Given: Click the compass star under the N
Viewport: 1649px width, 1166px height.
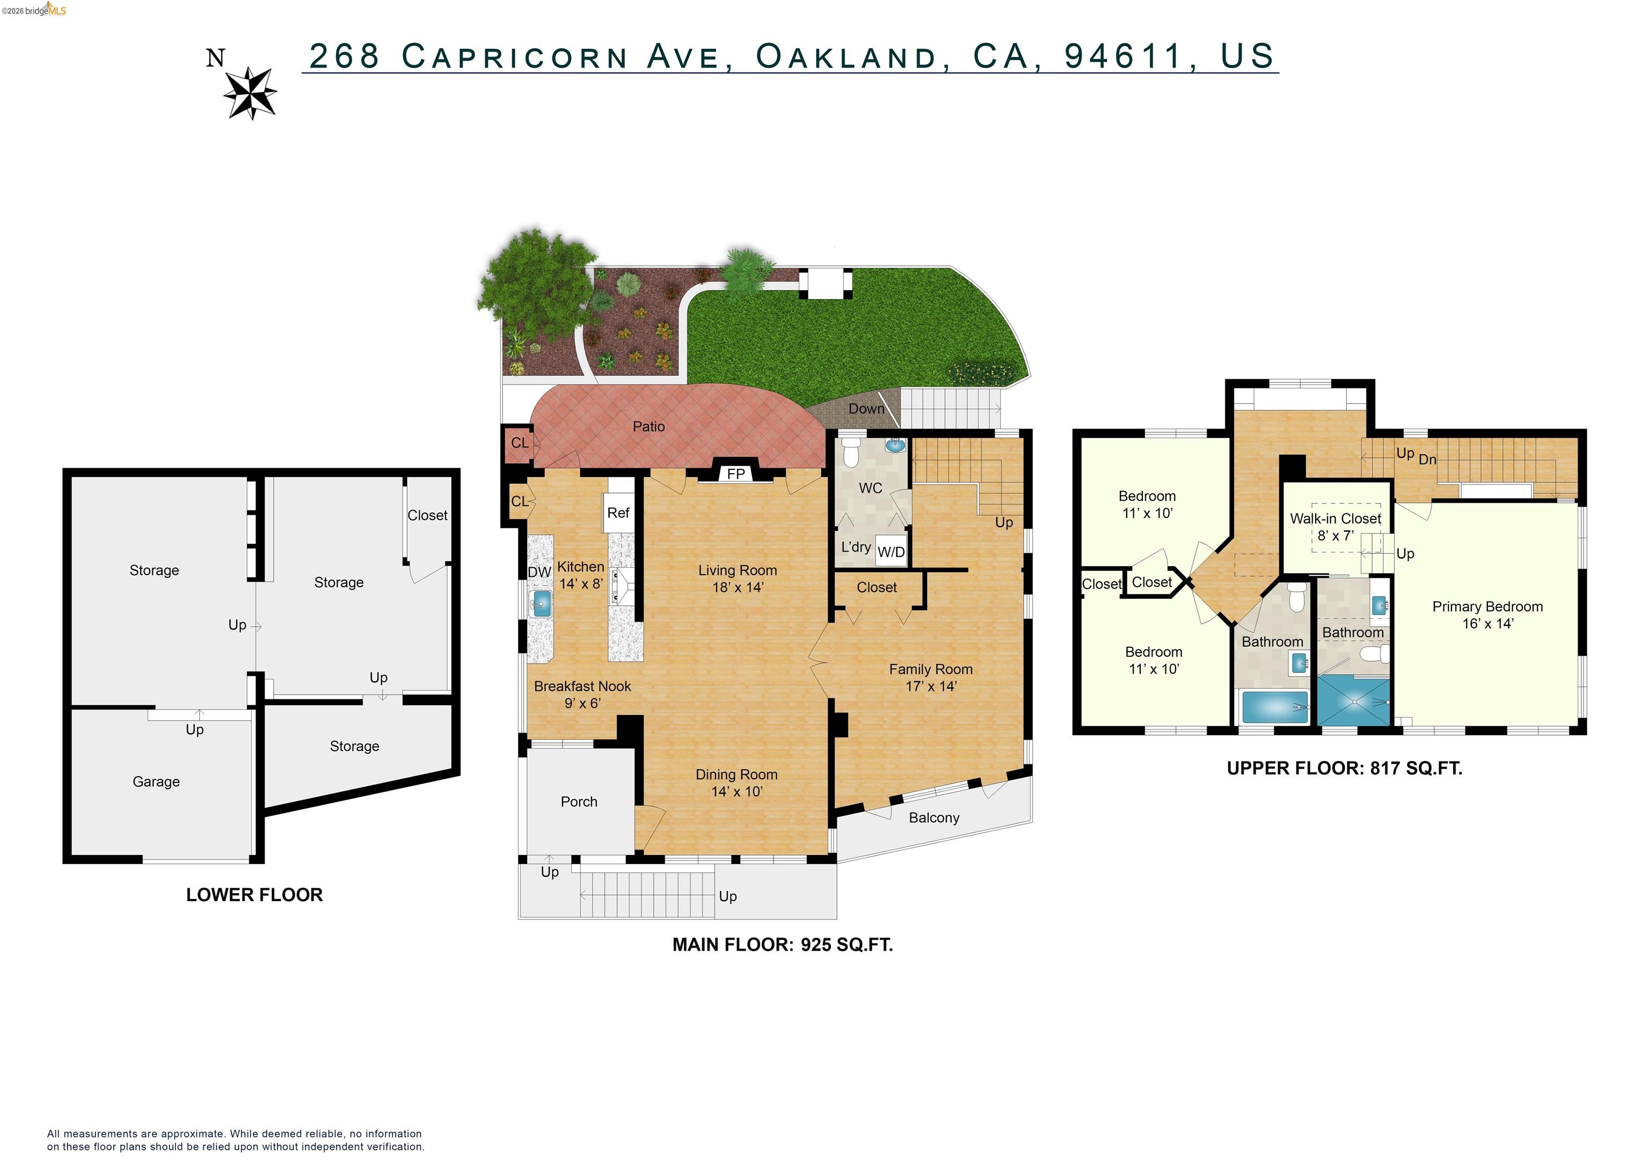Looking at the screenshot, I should (250, 92).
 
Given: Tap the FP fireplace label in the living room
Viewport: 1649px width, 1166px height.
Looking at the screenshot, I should (735, 474).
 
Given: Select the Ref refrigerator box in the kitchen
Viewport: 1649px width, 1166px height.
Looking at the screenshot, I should (618, 512).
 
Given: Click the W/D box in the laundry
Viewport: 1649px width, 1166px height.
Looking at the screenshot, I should (891, 552).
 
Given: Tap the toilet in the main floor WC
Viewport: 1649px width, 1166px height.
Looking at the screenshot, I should (850, 451).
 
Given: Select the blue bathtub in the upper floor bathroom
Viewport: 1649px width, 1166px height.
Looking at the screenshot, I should (1275, 707).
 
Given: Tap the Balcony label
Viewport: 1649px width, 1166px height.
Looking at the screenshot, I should (933, 817).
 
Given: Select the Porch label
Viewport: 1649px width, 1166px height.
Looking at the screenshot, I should (579, 802).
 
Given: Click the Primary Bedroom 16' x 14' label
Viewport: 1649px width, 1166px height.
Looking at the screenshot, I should (1487, 615).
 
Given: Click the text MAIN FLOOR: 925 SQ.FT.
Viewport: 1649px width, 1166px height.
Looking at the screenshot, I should (782, 945).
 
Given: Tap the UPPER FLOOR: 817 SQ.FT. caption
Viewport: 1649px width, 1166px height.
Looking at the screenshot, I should (1344, 768).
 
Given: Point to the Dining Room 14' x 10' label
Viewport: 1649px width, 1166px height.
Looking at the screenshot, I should (736, 783).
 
